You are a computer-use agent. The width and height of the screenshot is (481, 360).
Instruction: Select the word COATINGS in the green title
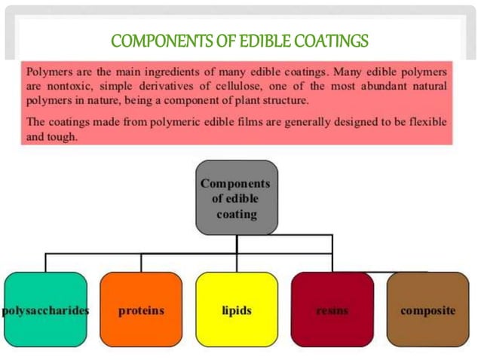tap(326, 39)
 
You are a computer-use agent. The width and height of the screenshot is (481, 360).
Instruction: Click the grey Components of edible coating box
tap(237, 197)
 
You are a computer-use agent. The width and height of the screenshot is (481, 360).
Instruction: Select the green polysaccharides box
tap(45, 310)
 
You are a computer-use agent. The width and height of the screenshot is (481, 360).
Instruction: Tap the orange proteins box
tap(141, 310)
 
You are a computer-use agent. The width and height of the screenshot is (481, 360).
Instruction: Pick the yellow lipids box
tap(236, 310)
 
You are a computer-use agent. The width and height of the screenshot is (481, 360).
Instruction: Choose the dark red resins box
tap(332, 310)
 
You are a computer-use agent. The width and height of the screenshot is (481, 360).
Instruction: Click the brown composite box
tap(427, 310)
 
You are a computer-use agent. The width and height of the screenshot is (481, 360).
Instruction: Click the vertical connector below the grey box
tap(237, 244)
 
